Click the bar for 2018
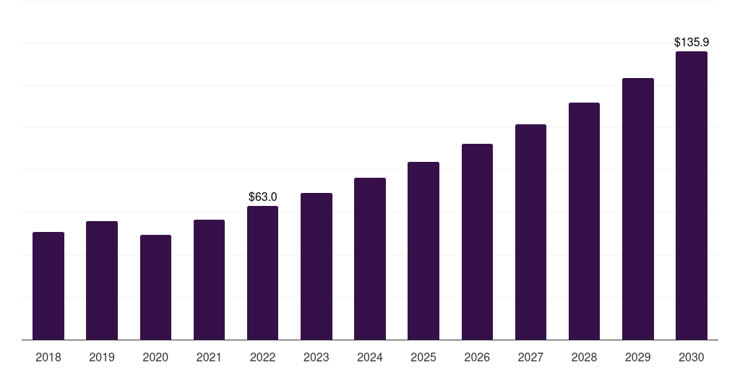48,286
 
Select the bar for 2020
155,288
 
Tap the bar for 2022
262,273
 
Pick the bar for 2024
370,259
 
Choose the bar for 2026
477,242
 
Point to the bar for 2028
584,221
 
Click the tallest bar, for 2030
691,196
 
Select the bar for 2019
102,280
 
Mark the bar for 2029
637,209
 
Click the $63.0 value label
262,197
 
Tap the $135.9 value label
691,42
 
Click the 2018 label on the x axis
48,357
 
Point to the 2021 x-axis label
209,357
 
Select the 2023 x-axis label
316,357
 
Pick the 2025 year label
423,357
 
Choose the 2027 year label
530,357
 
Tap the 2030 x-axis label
691,357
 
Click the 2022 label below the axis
262,357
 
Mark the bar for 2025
423,251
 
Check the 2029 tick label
637,357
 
